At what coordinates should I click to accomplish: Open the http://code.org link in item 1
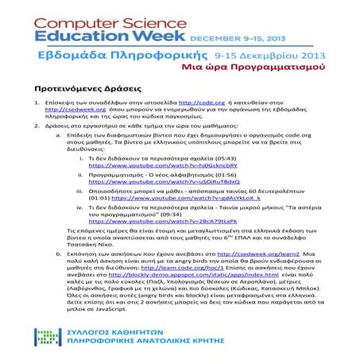point(202,104)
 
